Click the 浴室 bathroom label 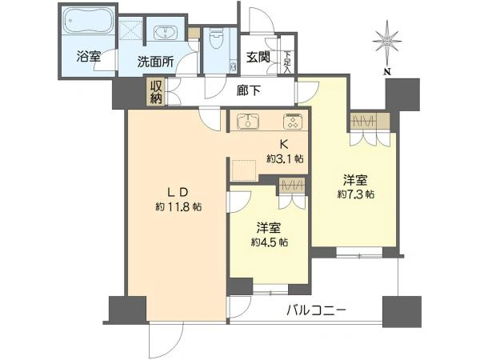(x=88, y=58)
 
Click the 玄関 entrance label (x=258, y=57)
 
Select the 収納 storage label (x=155, y=91)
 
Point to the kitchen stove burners (x=291, y=122)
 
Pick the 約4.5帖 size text (x=270, y=242)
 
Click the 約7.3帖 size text (x=355, y=194)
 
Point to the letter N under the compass (x=386, y=72)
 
